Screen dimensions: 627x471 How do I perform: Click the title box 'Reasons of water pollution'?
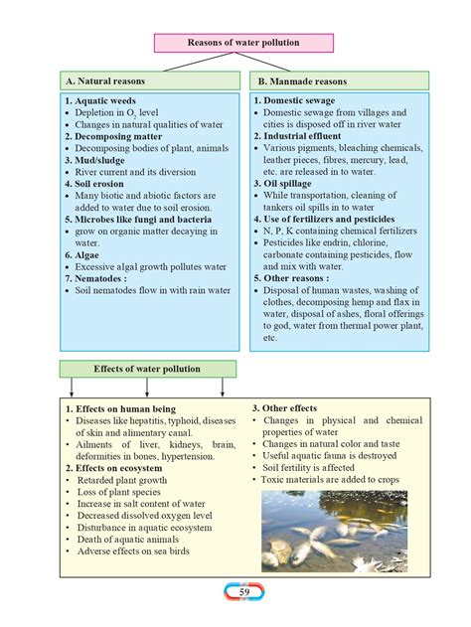pos(242,43)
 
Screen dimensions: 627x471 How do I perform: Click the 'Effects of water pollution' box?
pos(147,369)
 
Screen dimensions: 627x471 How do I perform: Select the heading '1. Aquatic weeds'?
pos(100,101)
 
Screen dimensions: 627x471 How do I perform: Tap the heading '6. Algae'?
pos(85,254)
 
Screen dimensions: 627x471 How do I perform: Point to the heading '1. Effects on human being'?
pos(119,409)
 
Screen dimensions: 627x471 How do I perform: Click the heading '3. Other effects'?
pos(284,408)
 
